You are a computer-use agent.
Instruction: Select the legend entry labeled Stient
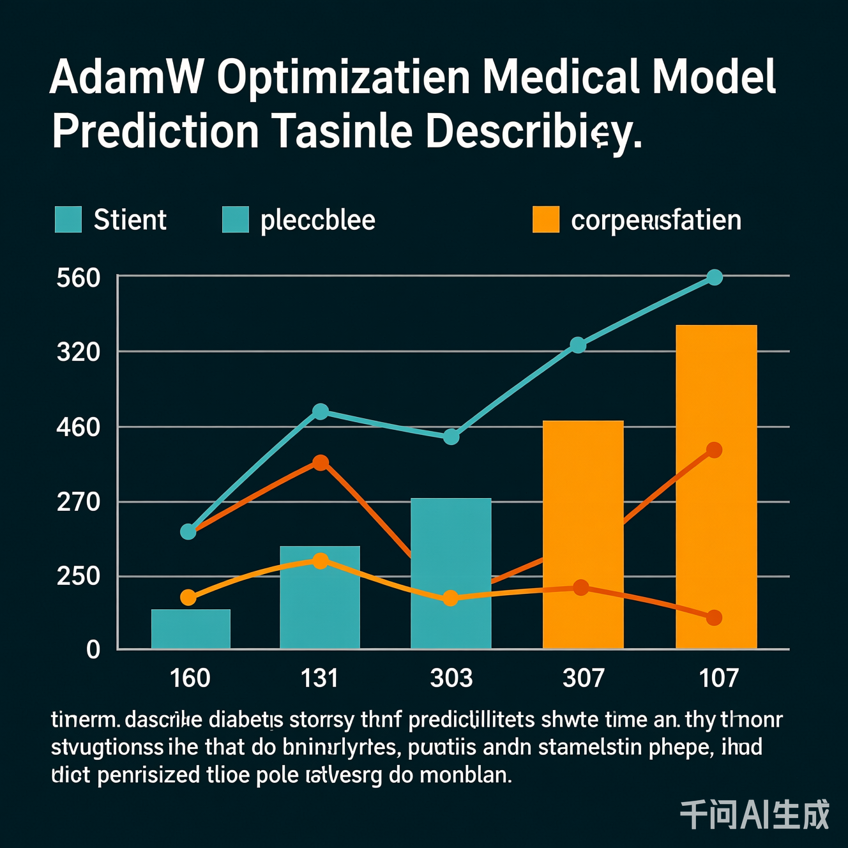130,220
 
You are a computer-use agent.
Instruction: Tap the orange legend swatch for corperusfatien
545,220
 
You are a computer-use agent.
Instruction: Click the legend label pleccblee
317,220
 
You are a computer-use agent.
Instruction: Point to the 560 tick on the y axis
79,278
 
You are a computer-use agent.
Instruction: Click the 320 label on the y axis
79,352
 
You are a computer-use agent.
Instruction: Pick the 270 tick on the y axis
79,503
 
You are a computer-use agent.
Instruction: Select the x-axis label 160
190,678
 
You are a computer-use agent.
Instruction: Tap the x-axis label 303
451,678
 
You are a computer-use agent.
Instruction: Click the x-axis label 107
718,678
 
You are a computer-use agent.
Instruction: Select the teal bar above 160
190,629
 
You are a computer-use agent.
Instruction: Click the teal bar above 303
451,549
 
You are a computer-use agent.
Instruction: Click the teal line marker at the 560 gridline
715,277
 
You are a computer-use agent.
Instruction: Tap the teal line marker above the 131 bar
321,412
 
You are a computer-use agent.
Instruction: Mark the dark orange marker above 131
321,462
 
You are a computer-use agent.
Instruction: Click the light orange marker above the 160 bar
188,598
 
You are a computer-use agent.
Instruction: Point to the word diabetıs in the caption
246,721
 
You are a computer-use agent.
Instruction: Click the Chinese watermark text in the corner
754,815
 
